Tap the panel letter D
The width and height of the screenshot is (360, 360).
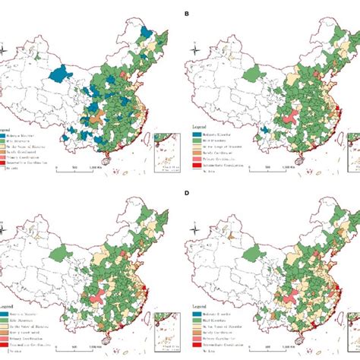pos(187,193)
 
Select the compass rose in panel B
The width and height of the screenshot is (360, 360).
pos(196,51)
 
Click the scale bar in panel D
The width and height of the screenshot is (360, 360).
pos(261,347)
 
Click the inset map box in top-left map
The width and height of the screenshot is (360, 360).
pos(165,147)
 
